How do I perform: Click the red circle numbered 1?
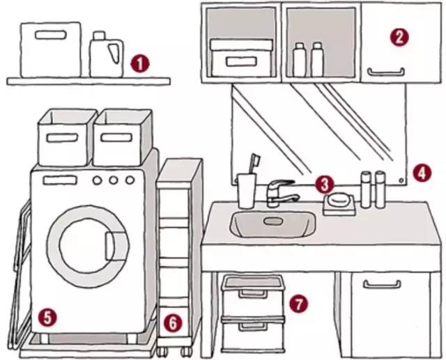tap(140, 65)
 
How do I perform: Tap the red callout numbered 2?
tap(398, 38)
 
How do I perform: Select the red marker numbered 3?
tap(323, 185)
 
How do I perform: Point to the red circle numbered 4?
tap(420, 172)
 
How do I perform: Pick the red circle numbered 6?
tap(171, 322)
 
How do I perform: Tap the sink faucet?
tap(279, 190)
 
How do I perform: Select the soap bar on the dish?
tap(339, 199)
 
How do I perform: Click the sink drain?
tap(272, 221)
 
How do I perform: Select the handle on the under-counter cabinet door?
tap(382, 283)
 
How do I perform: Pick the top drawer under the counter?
tap(252, 292)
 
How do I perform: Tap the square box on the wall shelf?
tap(50, 49)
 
